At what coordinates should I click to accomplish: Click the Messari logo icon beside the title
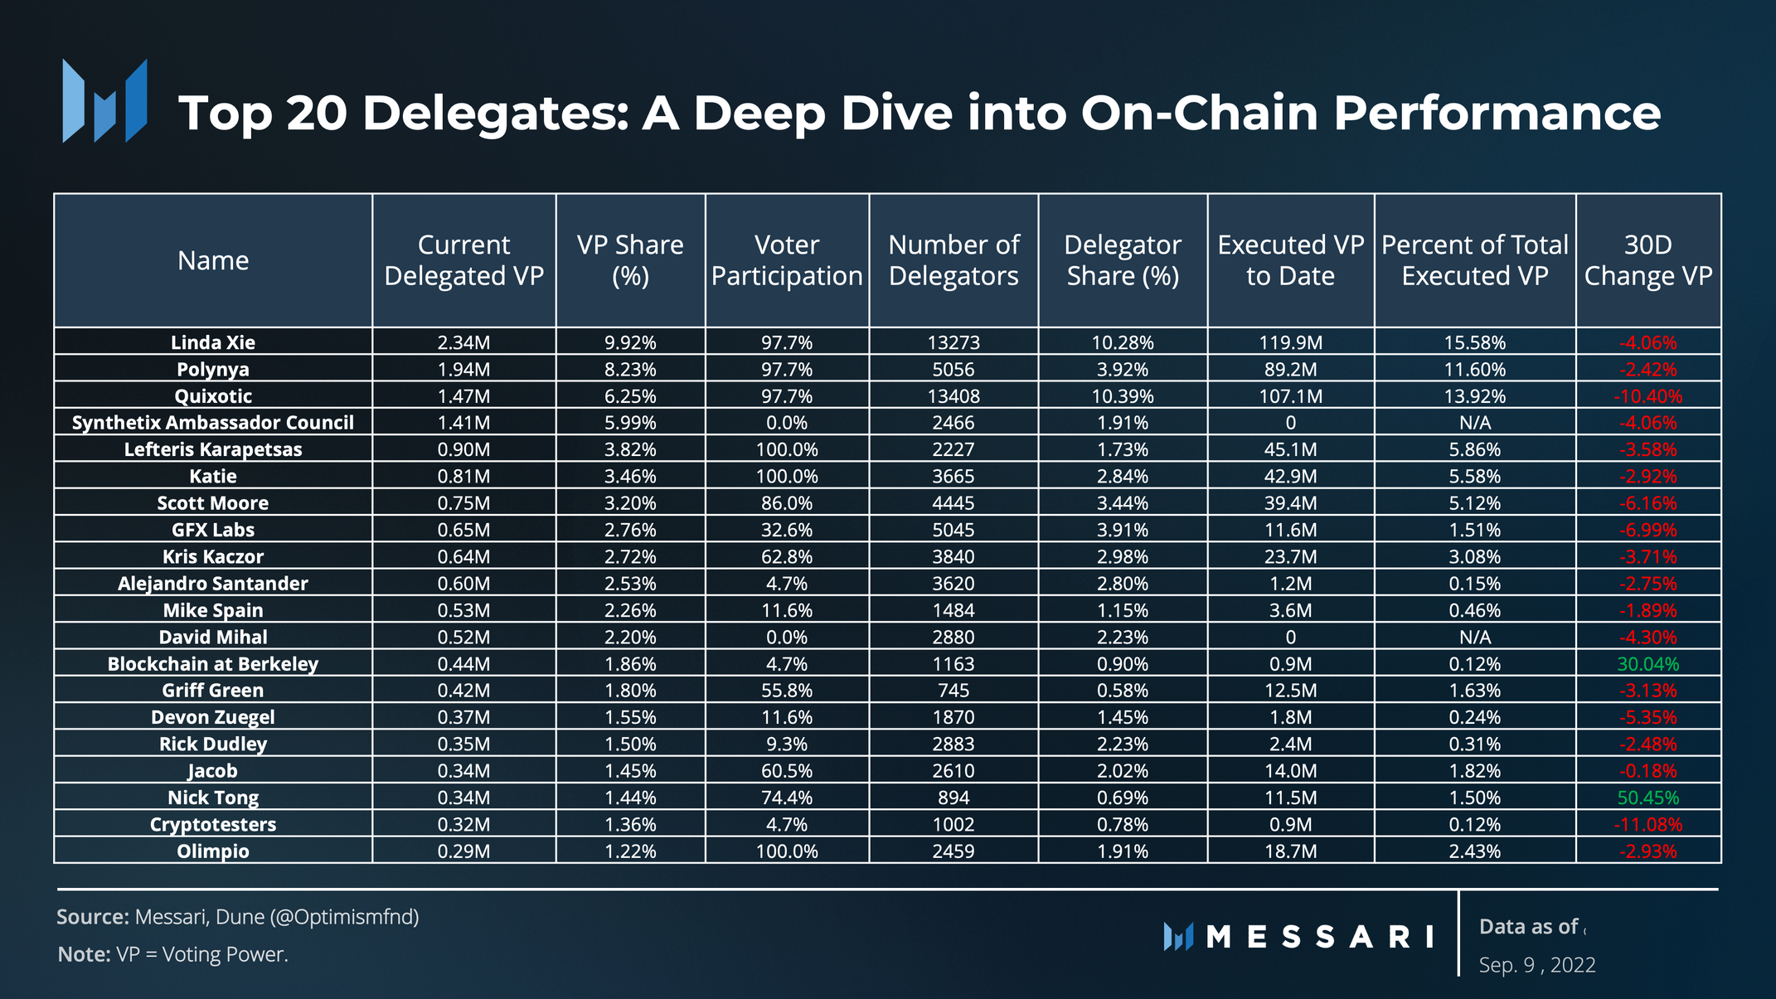point(104,101)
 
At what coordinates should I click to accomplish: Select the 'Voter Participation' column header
point(787,260)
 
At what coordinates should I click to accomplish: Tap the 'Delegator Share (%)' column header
point(1122,260)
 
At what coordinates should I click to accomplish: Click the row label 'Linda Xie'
point(213,342)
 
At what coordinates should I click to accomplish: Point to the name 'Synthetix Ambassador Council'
point(213,423)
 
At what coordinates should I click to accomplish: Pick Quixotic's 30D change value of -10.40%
point(1647,396)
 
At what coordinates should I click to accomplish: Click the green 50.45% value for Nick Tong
point(1647,798)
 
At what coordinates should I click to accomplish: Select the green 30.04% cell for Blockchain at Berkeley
point(1647,664)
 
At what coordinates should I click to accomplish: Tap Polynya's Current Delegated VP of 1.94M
point(463,370)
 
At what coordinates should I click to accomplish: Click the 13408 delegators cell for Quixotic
point(954,396)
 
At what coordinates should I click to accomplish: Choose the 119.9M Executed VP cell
point(1290,342)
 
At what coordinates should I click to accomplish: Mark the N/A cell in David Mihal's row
point(1474,638)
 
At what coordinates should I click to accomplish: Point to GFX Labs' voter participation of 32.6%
point(787,530)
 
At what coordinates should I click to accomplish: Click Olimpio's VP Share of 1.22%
point(630,851)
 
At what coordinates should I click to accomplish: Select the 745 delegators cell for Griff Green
point(954,691)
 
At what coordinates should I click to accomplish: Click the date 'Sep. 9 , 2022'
point(1537,965)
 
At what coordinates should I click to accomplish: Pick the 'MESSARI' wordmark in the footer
point(1319,937)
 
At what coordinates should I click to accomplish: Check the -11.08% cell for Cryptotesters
point(1647,825)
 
